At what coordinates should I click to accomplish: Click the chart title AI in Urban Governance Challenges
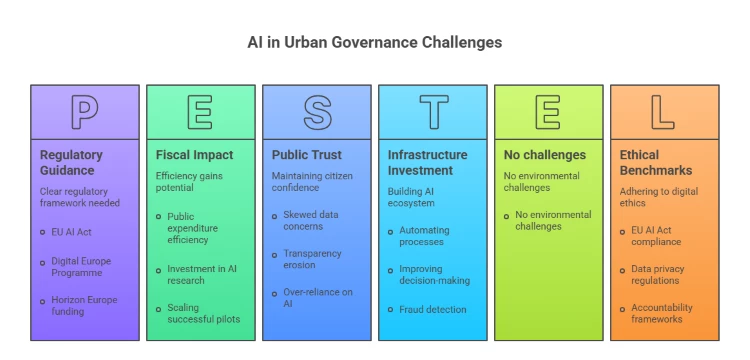pos(375,43)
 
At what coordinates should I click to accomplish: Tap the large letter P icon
pos(85,112)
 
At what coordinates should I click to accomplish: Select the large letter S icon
pos(317,112)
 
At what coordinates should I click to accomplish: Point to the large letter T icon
pos(433,112)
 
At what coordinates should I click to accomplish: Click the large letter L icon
pos(664,112)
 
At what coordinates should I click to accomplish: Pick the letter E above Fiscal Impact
pos(201,112)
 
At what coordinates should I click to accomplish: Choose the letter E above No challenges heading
pos(548,112)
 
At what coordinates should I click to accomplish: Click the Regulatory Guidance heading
pos(71,162)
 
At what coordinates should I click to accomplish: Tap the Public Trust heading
pos(306,155)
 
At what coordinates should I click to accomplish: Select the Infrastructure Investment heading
pos(427,162)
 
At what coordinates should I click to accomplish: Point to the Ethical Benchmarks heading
pos(655,162)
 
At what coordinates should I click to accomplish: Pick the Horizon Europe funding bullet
pos(84,305)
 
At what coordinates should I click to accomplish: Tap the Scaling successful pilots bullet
pos(203,313)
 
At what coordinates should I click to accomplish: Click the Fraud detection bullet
pos(432,309)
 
